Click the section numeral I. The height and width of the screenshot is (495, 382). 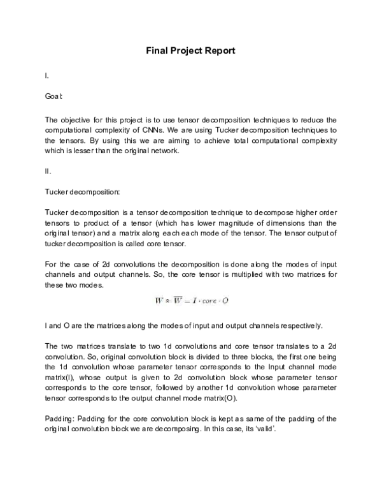click(x=46, y=76)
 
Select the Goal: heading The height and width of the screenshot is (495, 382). click(x=53, y=98)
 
